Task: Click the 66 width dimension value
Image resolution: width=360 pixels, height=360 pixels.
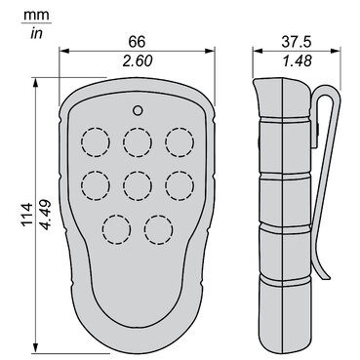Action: pos(137,42)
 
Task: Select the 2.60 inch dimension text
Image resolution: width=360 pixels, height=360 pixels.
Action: pos(137,60)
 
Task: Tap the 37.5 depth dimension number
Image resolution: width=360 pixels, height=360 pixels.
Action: pos(297,42)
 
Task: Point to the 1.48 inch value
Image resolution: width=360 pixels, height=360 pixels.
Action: pos(297,60)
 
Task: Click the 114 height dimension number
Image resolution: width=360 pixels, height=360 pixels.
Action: pos(26,214)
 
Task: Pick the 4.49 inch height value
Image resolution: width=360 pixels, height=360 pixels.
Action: pos(45,215)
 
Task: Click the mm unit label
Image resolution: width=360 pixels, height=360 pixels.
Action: pos(36,15)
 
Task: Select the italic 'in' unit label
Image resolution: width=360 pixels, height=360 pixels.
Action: pos(36,33)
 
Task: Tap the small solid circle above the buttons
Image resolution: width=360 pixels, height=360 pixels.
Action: pos(138,110)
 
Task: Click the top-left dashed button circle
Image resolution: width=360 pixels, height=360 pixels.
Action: pos(96,142)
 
